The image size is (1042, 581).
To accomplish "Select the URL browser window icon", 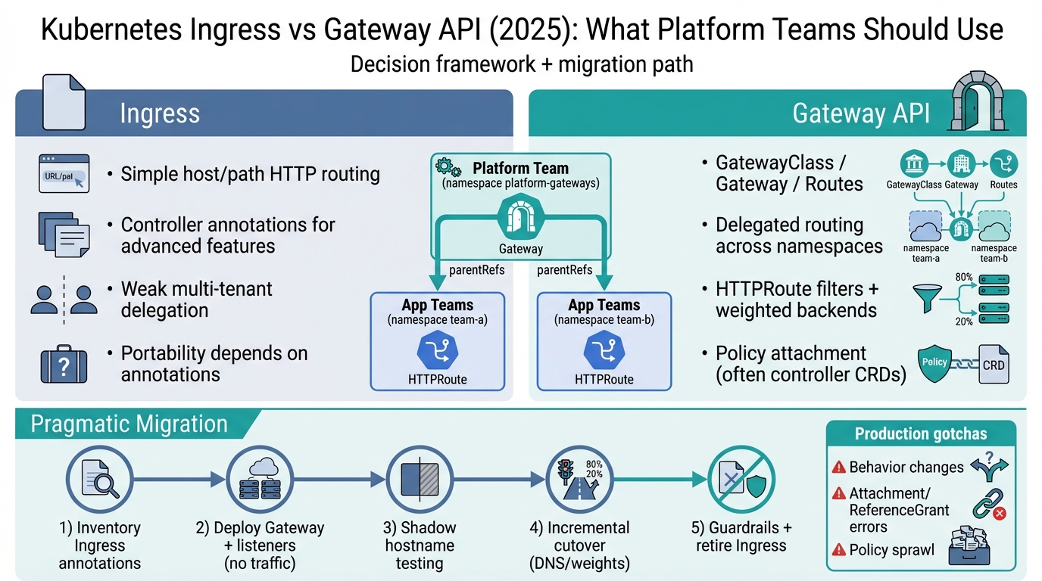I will [x=64, y=173].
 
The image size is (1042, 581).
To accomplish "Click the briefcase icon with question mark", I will [x=64, y=364].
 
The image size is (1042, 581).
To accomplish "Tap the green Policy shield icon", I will [x=935, y=362].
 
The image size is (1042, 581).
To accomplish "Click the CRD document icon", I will [x=993, y=364].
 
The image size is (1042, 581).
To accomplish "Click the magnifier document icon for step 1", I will [x=99, y=479].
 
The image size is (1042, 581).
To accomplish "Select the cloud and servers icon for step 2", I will [x=259, y=479].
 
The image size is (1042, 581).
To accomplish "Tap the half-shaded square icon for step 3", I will [x=419, y=479].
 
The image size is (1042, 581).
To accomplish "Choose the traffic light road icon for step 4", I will [x=579, y=479].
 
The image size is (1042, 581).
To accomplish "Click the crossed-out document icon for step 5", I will [x=740, y=479].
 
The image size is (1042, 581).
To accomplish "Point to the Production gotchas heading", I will [x=921, y=433].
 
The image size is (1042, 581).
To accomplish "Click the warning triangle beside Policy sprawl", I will [x=838, y=550].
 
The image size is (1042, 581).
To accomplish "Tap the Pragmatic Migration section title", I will [x=129, y=424].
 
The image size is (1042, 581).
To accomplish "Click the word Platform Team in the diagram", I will [x=520, y=168].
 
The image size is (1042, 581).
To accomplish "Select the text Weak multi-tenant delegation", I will [x=196, y=300].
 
